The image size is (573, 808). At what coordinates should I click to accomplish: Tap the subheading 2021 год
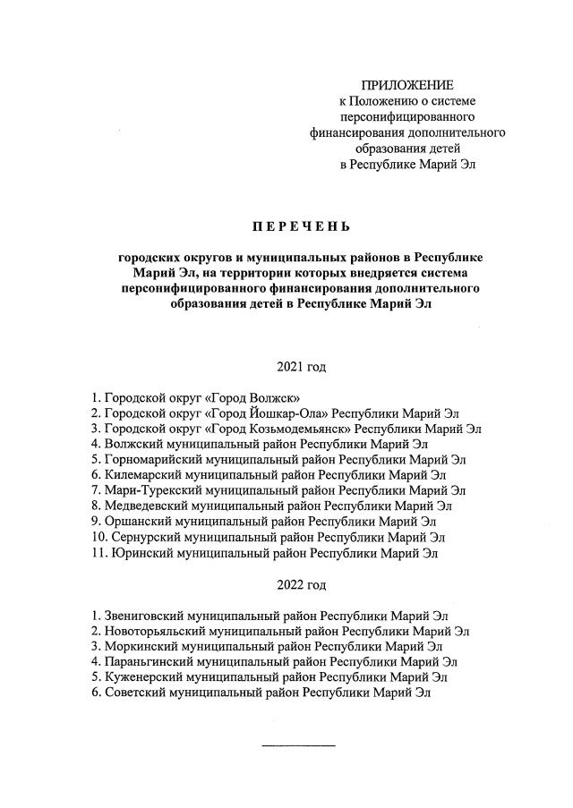pos(302,367)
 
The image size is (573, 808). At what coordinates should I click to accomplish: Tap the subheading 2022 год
pos(302,585)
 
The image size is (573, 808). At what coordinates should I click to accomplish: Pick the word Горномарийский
pos(153,459)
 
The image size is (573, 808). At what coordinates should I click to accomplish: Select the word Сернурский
pos(145,537)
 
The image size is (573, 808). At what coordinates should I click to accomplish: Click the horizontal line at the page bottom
pos(298,745)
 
